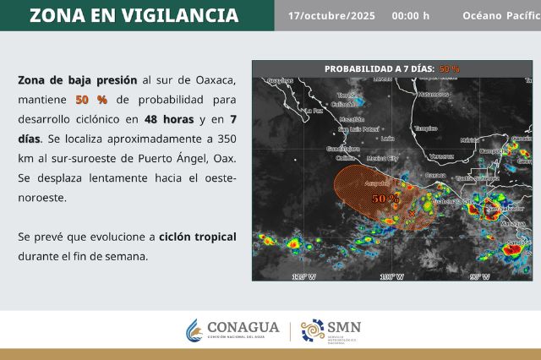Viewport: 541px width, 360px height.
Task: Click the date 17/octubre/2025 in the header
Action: [x=331, y=16]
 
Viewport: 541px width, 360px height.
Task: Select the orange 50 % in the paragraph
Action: [x=91, y=99]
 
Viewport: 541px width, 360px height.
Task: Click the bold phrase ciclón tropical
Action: [x=197, y=237]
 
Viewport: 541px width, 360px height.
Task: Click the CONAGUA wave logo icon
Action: [x=194, y=330]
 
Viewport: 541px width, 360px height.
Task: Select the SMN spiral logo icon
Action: [x=313, y=330]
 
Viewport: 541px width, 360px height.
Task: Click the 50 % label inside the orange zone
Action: [x=385, y=198]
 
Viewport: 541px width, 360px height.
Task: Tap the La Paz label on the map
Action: [x=314, y=111]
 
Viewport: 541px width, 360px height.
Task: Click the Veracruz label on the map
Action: [x=441, y=156]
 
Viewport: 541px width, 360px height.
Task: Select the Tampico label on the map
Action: [x=424, y=128]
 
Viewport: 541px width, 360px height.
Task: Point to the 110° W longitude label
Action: [x=388, y=276]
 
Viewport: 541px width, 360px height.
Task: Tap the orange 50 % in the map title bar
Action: [x=449, y=68]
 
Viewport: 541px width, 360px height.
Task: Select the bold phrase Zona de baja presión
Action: [x=77, y=79]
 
